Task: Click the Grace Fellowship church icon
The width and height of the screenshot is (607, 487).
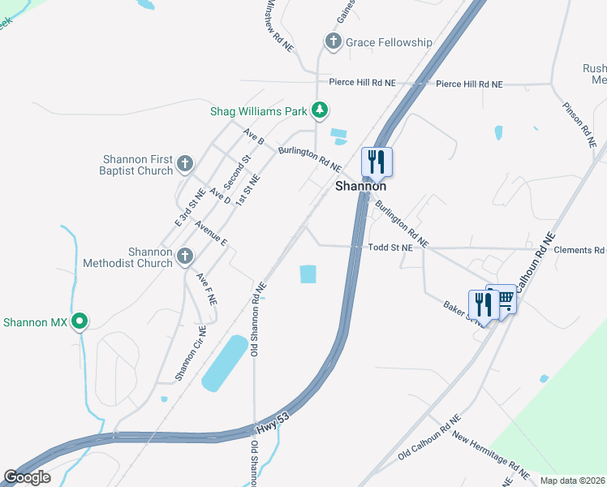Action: pos(332,41)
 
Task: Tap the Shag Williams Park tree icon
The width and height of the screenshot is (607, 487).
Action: pos(321,109)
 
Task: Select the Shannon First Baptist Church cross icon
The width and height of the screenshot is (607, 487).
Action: pos(184,164)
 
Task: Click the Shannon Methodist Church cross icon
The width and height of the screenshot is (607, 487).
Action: pos(184,256)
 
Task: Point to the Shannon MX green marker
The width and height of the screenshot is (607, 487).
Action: pos(80,322)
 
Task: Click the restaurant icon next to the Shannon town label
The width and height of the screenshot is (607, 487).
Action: pos(376,161)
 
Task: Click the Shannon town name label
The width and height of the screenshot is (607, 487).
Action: pos(361,186)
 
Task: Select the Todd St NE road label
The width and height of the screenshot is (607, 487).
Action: pos(390,248)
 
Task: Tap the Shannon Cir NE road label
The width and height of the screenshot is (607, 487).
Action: pos(191,354)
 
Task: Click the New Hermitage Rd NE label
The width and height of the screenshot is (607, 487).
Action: pos(492,456)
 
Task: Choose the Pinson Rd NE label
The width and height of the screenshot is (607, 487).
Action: pos(579,124)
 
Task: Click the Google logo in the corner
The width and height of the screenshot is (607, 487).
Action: pos(27,476)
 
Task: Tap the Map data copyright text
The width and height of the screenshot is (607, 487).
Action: pos(572,481)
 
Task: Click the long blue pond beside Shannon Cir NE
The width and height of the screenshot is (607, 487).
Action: pos(224,363)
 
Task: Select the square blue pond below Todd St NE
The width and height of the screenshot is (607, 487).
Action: pos(308,274)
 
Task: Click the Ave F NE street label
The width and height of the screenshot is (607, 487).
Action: pos(207,287)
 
